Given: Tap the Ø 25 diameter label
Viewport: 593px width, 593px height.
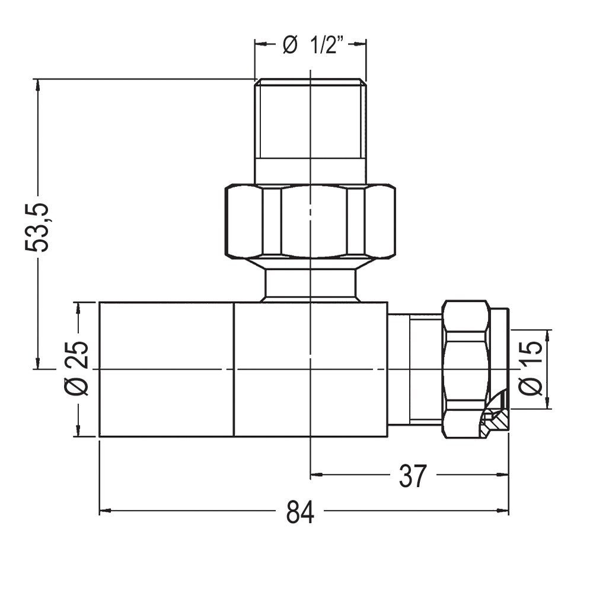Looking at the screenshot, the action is point(76,368).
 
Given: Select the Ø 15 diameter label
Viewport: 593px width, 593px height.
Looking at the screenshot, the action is point(531,368).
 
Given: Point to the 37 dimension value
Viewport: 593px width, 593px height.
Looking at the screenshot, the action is point(412,476).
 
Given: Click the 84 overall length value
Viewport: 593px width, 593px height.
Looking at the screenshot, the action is point(300,512).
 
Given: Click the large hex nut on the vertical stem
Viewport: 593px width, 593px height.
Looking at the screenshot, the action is point(310,221).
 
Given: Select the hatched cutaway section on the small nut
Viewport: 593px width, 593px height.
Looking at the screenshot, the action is point(495,419).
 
